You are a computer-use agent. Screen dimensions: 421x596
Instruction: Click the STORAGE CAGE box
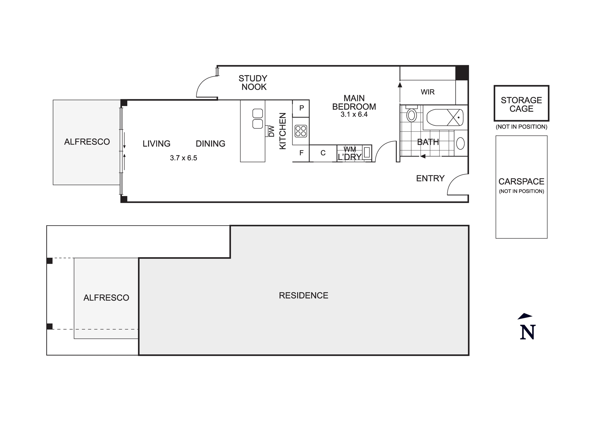point(521,103)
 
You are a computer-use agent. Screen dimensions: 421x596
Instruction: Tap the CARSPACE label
point(521,181)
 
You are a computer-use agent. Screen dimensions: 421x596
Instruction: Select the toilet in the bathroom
point(412,115)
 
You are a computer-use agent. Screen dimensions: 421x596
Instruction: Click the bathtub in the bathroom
point(445,117)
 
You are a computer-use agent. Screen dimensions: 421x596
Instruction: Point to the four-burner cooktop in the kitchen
point(301,131)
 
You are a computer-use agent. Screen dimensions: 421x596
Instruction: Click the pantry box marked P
point(301,108)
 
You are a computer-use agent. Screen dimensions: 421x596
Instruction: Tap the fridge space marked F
point(301,153)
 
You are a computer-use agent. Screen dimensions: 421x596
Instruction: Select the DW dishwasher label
point(271,131)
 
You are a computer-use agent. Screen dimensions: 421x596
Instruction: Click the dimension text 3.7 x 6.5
point(183,158)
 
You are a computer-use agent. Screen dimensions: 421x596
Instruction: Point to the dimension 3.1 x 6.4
point(354,115)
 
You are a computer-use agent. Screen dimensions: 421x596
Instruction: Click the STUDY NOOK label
point(253,83)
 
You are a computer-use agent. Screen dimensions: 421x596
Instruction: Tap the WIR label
point(427,92)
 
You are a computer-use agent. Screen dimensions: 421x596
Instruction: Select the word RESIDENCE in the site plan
point(303,296)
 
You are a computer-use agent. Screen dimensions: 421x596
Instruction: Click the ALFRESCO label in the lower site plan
point(106,298)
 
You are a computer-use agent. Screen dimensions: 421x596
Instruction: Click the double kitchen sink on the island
point(257,119)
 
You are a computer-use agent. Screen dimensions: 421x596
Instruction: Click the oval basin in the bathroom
point(460,144)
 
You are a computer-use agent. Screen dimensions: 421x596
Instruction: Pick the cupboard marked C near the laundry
point(323,153)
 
